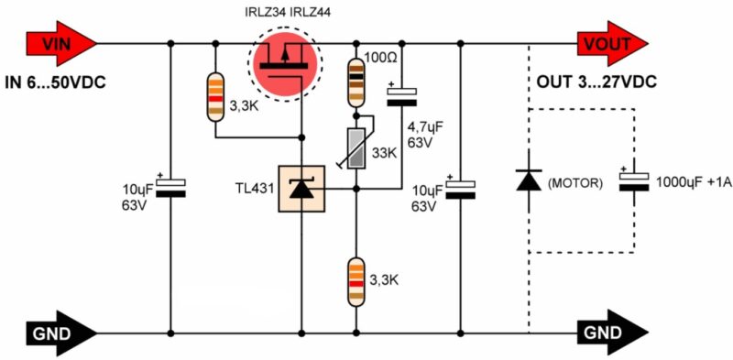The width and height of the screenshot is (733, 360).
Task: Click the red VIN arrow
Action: (x=61, y=44)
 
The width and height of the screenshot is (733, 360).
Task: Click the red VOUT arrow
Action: (x=612, y=44)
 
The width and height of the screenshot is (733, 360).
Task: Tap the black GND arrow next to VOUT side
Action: (x=612, y=333)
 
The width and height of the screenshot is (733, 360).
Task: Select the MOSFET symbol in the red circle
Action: (x=285, y=62)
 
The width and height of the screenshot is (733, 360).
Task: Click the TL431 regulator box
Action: (x=301, y=189)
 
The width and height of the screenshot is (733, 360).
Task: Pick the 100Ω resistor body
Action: (x=356, y=82)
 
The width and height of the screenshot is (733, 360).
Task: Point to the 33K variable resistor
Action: (x=356, y=149)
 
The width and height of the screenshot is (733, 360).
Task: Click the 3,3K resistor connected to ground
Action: (x=356, y=281)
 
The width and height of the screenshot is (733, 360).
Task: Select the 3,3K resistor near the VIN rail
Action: (x=215, y=97)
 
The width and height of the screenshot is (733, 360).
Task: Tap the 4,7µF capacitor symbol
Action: (x=401, y=97)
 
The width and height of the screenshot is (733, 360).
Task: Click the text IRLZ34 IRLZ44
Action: (x=288, y=12)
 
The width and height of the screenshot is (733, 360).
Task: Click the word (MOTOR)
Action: (x=574, y=183)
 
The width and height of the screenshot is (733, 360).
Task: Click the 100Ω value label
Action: (x=380, y=60)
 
